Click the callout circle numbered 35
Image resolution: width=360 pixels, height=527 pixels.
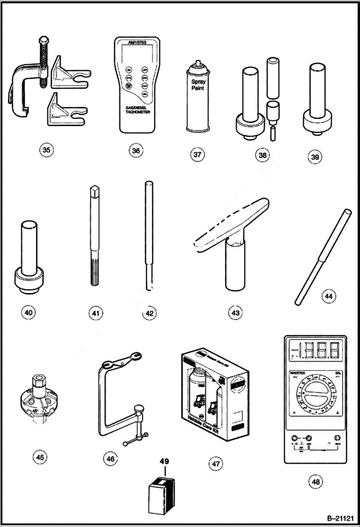tap(46, 150)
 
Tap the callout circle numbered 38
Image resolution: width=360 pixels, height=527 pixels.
tap(262, 155)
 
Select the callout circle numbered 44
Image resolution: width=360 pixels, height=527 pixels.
tap(329, 296)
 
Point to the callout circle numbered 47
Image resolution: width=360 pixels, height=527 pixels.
tap(215, 464)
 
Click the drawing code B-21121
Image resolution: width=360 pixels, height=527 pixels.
tap(340, 518)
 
